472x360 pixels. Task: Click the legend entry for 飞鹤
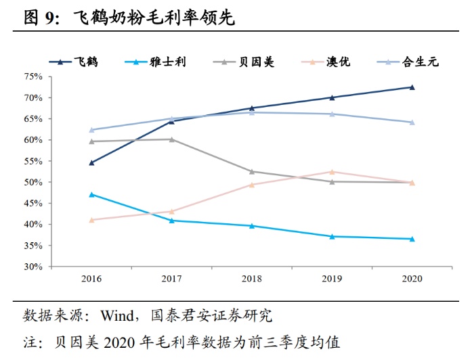(x=74, y=62)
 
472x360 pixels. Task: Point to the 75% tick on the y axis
(x=33, y=76)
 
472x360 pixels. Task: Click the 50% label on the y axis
(x=33, y=183)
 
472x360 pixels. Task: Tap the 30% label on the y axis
(x=33, y=267)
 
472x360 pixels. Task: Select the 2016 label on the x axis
(x=92, y=278)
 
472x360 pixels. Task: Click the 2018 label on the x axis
(x=252, y=278)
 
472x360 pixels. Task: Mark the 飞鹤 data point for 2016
(x=92, y=162)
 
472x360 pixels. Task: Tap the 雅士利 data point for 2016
(x=92, y=194)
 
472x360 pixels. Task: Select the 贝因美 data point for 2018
(x=252, y=171)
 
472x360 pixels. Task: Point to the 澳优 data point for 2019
(x=332, y=172)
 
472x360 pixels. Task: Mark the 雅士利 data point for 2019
(x=332, y=236)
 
